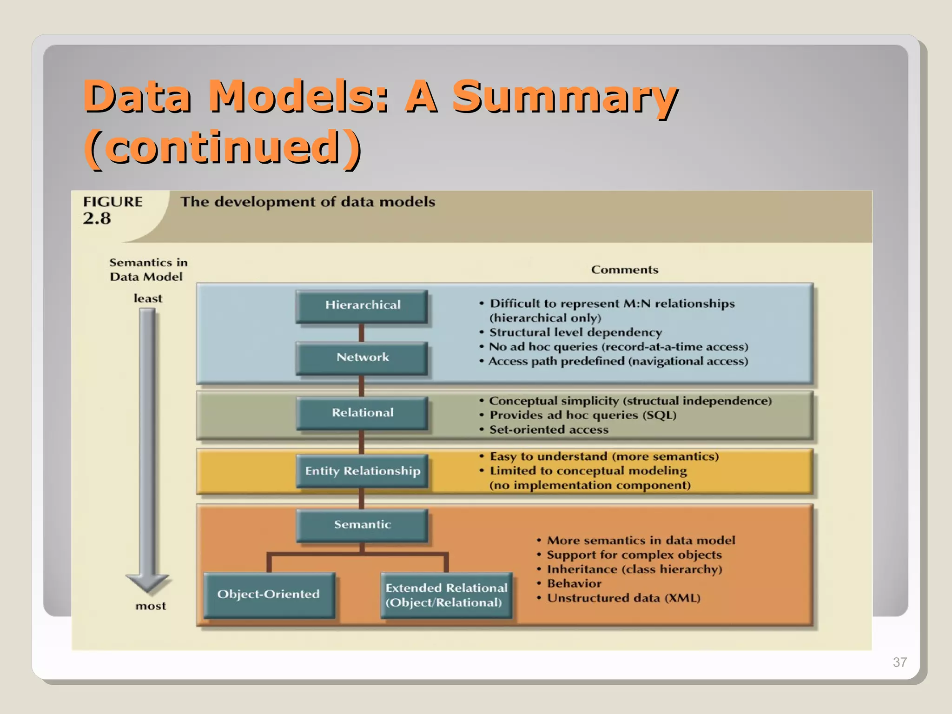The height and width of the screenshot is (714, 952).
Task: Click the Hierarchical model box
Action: [x=362, y=306]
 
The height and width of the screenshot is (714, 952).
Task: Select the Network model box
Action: [x=362, y=357]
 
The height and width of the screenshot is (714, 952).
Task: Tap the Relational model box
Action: [x=362, y=413]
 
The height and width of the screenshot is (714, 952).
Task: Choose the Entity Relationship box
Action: [x=362, y=471]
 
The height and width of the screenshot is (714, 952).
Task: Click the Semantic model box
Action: [x=362, y=525]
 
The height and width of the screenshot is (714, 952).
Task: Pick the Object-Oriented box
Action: [x=269, y=595]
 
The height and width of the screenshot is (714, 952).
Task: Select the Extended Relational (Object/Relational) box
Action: [x=446, y=595]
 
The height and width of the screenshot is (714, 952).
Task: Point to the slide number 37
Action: [x=899, y=662]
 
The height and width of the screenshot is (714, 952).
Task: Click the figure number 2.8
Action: [x=97, y=218]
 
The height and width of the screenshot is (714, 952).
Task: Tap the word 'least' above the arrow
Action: [x=148, y=298]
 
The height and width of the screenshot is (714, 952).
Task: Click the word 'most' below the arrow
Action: [x=150, y=606]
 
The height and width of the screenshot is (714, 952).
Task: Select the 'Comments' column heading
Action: [x=624, y=270]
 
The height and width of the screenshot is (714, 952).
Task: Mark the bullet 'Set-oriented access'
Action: [x=549, y=430]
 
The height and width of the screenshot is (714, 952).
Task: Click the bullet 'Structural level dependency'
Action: [x=575, y=332]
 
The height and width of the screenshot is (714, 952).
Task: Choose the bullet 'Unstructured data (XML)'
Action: [x=623, y=598]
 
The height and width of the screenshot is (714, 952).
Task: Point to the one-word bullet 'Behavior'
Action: [x=574, y=584]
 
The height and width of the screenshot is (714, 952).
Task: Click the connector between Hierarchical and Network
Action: [x=361, y=333]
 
